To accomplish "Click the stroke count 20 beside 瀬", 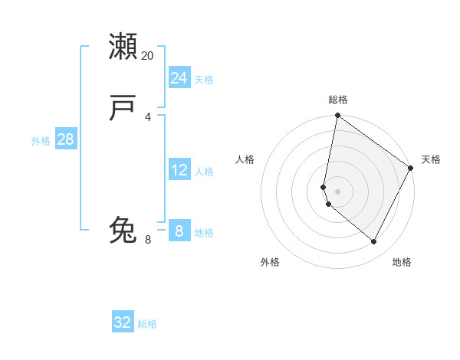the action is (148, 56).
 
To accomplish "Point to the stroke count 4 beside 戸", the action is (148, 117).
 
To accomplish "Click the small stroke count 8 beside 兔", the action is (148, 240).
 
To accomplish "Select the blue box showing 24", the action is (179, 78).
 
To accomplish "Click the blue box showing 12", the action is (179, 170).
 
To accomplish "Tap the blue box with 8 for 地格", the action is (179, 231).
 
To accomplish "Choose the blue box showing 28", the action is (65, 139).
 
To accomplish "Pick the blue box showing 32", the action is (123, 322).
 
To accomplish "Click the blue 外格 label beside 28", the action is (41, 141).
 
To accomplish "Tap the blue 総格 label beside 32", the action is (147, 324).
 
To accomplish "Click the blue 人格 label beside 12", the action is (204, 172).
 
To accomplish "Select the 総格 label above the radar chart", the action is (338, 100).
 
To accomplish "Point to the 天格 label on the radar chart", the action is (431, 159).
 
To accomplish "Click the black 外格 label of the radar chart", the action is (270, 262).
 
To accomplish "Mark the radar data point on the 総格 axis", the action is (337, 116).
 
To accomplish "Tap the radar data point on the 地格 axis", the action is (374, 241).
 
